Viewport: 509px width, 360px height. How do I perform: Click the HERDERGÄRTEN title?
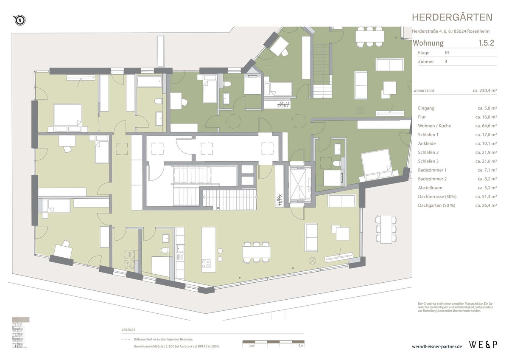pyautogui.click(x=452, y=17)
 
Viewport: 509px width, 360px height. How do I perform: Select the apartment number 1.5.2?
pyautogui.click(x=487, y=43)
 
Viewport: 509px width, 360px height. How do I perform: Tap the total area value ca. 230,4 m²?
pyautogui.click(x=485, y=90)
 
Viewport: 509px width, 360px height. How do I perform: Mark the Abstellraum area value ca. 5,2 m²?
pyautogui.click(x=486, y=188)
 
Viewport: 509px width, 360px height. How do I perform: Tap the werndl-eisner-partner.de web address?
pyautogui.click(x=437, y=346)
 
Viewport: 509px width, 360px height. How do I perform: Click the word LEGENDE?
pyautogui.click(x=129, y=329)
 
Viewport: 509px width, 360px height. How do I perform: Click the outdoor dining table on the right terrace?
pyautogui.click(x=386, y=229)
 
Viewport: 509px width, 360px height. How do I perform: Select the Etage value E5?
pyautogui.click(x=447, y=53)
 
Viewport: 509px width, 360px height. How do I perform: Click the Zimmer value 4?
pyautogui.click(x=445, y=62)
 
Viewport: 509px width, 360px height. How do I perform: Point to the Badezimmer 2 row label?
pyautogui.click(x=432, y=179)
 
